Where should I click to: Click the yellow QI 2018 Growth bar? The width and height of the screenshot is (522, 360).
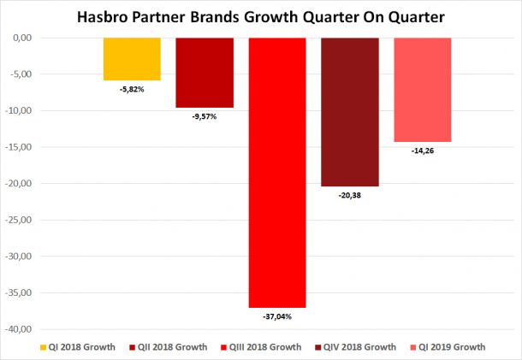[132, 59]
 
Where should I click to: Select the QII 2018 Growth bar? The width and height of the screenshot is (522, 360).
[205, 73]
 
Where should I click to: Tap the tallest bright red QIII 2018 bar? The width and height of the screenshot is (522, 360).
[277, 171]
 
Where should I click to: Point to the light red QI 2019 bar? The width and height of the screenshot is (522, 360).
[422, 90]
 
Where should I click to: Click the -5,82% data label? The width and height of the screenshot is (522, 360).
[132, 89]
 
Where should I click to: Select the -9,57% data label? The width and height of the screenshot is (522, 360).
[204, 116]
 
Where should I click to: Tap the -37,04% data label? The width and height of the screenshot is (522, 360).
[276, 316]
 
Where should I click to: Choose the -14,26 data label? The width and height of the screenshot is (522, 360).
[423, 150]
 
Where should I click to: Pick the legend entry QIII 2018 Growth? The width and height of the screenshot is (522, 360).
[263, 347]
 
